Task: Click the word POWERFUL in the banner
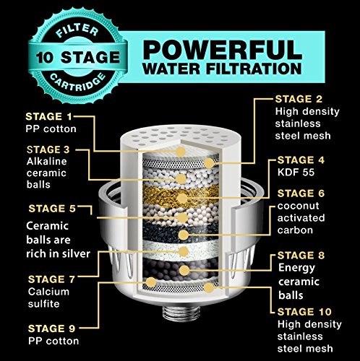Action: tap(222, 50)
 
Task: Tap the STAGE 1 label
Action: tap(49, 117)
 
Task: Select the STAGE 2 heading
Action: tap(299, 99)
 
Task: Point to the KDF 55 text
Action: tap(296, 173)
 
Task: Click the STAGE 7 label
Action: tap(51, 279)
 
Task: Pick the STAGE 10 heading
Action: tap(304, 312)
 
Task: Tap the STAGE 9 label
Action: tap(51, 329)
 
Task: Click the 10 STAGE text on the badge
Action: tap(77, 58)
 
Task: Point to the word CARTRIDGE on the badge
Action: tap(77, 82)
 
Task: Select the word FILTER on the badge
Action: tap(77, 30)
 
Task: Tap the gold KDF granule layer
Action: tap(181, 197)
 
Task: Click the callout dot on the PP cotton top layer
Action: tap(180, 152)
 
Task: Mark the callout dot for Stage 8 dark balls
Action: tap(184, 270)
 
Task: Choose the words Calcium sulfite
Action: tap(48, 297)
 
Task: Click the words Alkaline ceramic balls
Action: tap(46, 173)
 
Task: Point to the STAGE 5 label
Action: tap(52, 209)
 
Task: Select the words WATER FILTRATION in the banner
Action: tap(222, 69)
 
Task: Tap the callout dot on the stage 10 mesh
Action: tap(209, 288)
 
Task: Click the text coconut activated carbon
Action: tap(301, 218)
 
